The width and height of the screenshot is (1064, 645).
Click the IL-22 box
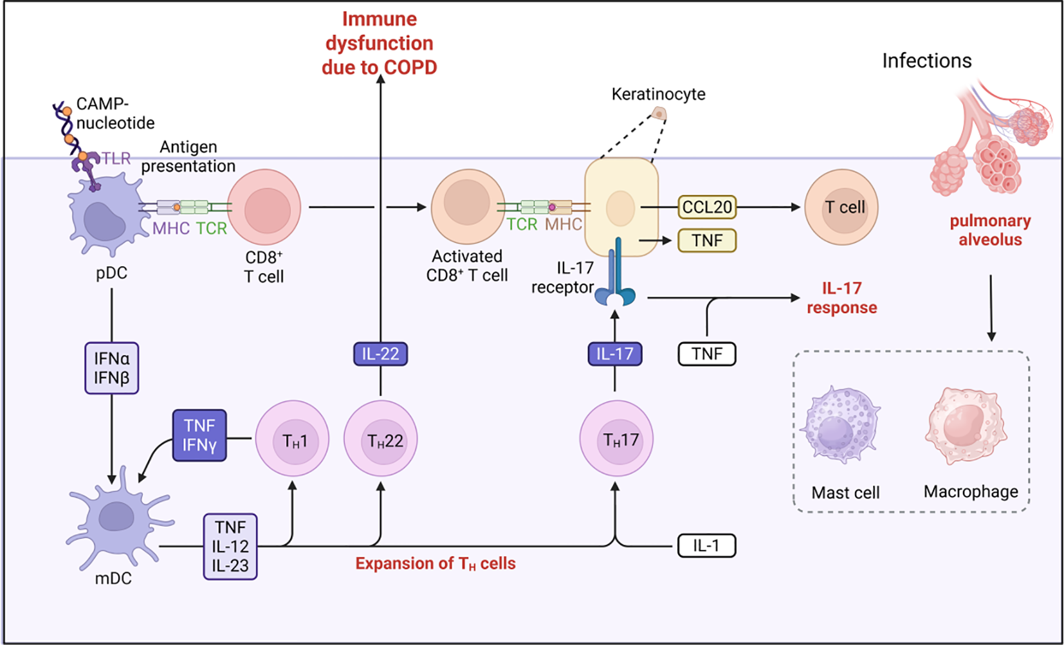pyautogui.click(x=380, y=354)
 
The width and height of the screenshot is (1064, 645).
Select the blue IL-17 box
pyautogui.click(x=614, y=354)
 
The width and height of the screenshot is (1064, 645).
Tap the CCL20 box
pyautogui.click(x=706, y=207)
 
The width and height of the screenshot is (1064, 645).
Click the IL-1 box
pyautogui.click(x=706, y=546)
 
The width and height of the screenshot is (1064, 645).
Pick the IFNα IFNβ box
pyautogui.click(x=111, y=368)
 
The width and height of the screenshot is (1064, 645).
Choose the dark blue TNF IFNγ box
pyautogui.click(x=199, y=435)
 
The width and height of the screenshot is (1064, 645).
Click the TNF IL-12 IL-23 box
pyautogui.click(x=230, y=546)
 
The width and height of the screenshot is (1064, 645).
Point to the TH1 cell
pyautogui.click(x=293, y=440)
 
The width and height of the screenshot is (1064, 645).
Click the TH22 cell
pyautogui.click(x=381, y=440)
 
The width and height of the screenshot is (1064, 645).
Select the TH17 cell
pyautogui.click(x=616, y=440)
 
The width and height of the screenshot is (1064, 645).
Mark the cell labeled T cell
pyautogui.click(x=841, y=207)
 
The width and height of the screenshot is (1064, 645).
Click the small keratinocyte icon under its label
pyautogui.click(x=659, y=114)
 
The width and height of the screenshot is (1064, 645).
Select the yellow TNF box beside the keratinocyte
pyautogui.click(x=706, y=241)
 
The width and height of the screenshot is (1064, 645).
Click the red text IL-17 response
pyautogui.click(x=841, y=298)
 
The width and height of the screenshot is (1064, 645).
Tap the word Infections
pyautogui.click(x=926, y=60)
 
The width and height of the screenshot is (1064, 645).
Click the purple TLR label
pyautogui.click(x=116, y=158)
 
